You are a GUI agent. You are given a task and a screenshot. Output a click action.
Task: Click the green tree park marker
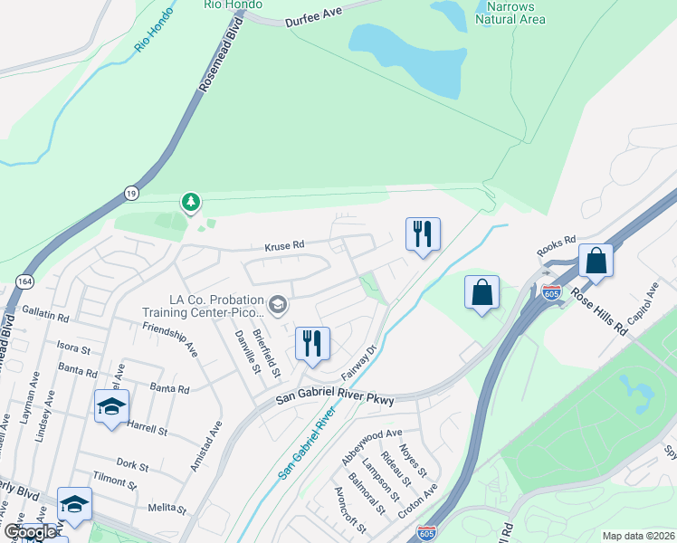tap(190, 201)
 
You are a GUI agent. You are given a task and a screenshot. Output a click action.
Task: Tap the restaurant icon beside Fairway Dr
tap(312, 344)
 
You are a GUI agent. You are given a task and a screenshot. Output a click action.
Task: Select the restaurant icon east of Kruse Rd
tap(423, 234)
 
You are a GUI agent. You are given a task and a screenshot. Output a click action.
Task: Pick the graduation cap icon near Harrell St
tap(111, 406)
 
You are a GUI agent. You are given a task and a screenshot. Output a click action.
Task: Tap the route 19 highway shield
tap(131, 192)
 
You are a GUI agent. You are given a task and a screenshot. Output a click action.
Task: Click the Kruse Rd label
tap(284, 246)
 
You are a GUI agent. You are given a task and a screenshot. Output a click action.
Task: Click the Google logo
tap(29, 532)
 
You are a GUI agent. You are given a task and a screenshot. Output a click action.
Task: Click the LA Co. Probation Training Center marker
tap(277, 303)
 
